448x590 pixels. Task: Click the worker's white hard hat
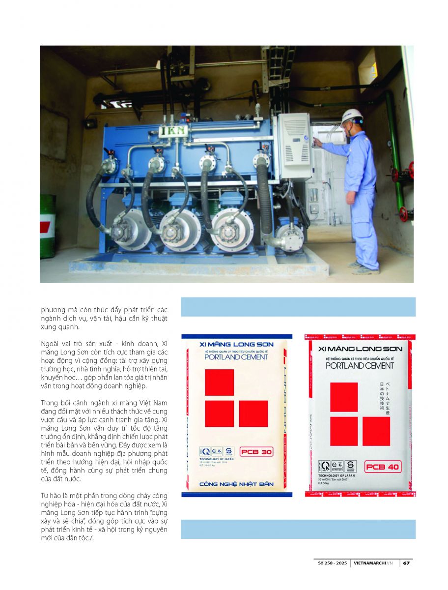(352, 116)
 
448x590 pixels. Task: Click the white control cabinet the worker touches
(296, 146)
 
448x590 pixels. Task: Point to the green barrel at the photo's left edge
(47, 226)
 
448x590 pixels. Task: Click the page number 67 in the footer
(407, 563)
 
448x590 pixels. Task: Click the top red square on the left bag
(219, 382)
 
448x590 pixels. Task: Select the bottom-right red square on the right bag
(376, 431)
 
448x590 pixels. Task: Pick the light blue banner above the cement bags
(298, 307)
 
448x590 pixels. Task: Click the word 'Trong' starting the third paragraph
(50, 403)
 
